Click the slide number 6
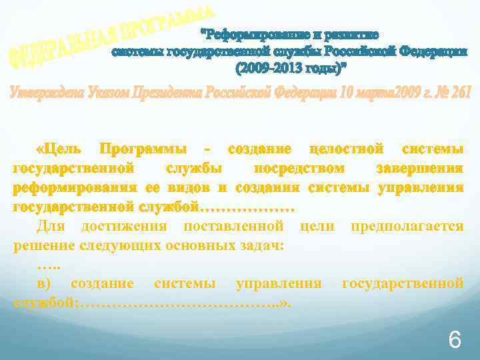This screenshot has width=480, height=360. coord(455,341)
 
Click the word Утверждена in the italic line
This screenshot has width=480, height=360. coord(39,93)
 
